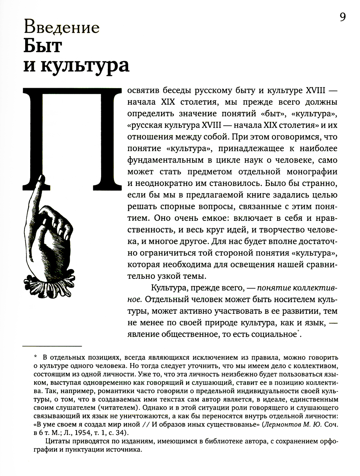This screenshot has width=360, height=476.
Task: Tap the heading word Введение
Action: (x=61, y=28)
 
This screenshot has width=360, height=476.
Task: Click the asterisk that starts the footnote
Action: (x=35, y=357)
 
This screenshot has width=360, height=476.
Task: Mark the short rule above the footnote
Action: (x=52, y=346)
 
